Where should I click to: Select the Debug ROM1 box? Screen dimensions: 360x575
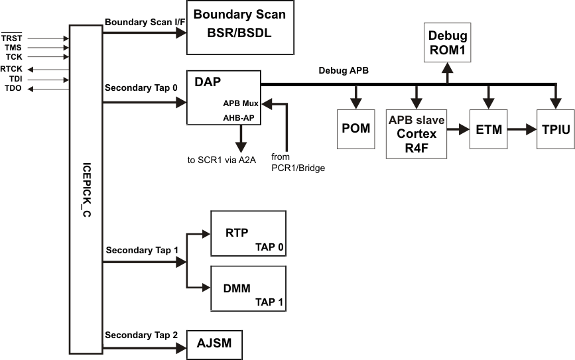[448, 42]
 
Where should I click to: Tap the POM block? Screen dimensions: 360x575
[356, 128]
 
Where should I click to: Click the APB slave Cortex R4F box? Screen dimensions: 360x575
[416, 134]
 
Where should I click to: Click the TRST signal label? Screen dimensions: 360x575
[13, 39]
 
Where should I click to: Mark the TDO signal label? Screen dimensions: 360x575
[13, 88]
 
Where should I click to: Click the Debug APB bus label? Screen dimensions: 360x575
[344, 70]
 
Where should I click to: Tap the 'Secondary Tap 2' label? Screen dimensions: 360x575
[141, 335]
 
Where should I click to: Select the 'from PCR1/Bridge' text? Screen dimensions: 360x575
[298, 162]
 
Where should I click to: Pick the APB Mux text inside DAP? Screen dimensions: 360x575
[240, 103]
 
